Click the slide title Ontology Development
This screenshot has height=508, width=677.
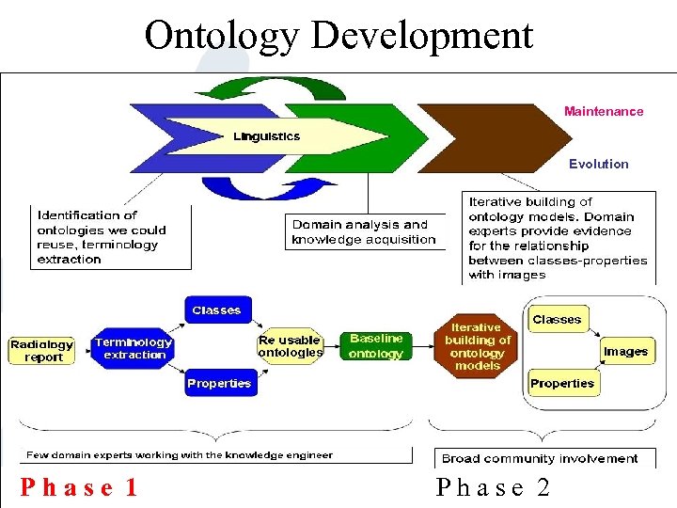click(x=338, y=36)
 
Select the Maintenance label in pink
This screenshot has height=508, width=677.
click(x=604, y=111)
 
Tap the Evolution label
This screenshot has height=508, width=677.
click(x=598, y=164)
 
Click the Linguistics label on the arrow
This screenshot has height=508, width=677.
click(x=266, y=136)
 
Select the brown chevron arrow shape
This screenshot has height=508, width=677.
click(x=489, y=138)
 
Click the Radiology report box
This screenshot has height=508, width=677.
click(x=41, y=351)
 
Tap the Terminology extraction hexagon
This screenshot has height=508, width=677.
click(x=133, y=348)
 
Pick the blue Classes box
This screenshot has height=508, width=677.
click(x=216, y=310)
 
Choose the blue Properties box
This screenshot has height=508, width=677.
click(x=219, y=383)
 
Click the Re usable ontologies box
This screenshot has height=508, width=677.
click(x=290, y=346)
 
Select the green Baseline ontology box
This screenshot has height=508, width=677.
click(x=375, y=346)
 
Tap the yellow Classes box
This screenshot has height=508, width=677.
click(x=557, y=319)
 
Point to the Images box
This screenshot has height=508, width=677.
click(x=625, y=351)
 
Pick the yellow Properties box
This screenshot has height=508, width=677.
click(x=561, y=383)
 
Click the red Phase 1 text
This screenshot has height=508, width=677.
click(x=80, y=487)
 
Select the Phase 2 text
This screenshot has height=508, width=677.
click(x=493, y=487)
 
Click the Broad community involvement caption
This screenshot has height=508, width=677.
click(x=540, y=459)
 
